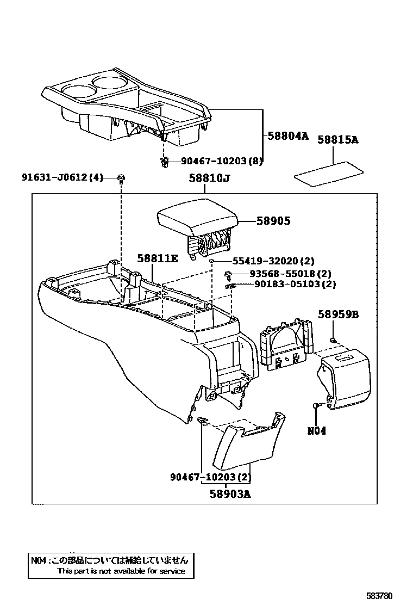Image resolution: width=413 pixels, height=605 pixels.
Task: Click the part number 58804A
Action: pyautogui.click(x=287, y=137)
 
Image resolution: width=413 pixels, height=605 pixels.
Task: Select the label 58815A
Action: pyautogui.click(x=337, y=140)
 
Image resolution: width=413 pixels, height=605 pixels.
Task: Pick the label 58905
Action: pyautogui.click(x=274, y=221)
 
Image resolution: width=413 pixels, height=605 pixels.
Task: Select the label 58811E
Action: pyautogui.click(x=157, y=258)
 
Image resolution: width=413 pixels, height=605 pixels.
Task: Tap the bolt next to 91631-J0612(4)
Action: pyautogui.click(x=121, y=178)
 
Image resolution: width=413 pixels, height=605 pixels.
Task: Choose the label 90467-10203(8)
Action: pyautogui.click(x=222, y=160)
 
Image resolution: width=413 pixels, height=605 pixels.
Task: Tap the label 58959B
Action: pyautogui.click(x=338, y=314)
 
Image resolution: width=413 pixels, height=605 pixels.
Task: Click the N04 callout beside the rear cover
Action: pyautogui.click(x=317, y=430)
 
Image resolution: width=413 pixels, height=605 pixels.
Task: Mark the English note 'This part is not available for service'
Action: pyautogui.click(x=121, y=571)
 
